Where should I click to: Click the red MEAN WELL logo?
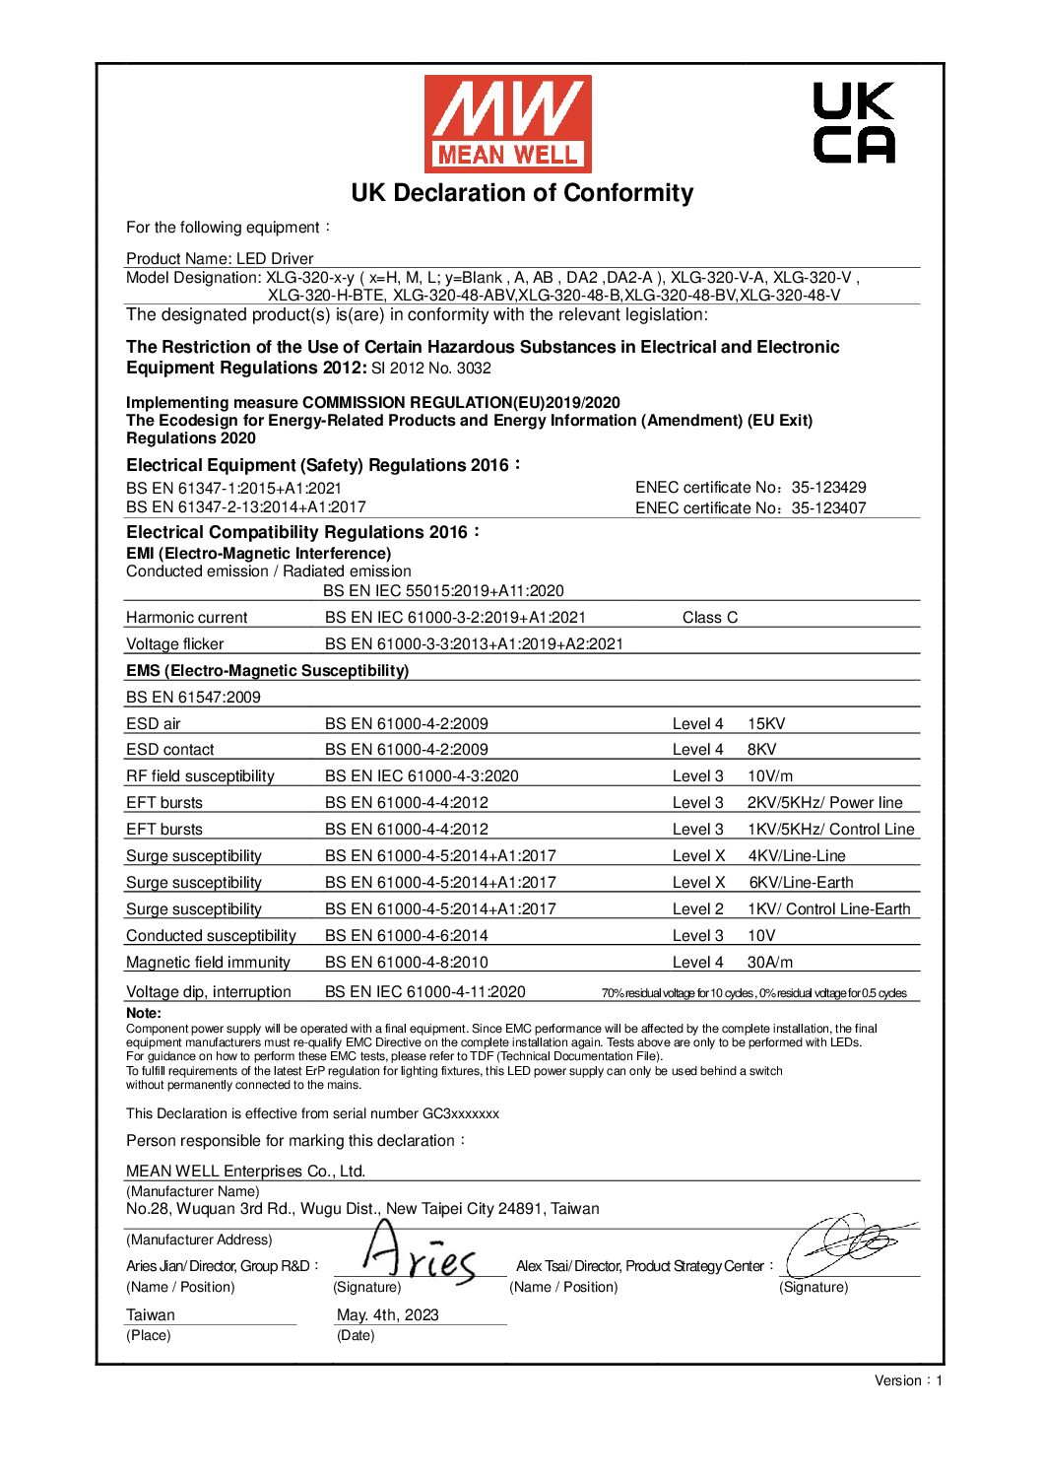tap(507, 123)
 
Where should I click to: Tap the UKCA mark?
tap(853, 123)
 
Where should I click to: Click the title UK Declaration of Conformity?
tap(522, 193)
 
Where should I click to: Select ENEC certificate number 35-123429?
tap(828, 487)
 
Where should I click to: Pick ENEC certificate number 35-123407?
tap(828, 507)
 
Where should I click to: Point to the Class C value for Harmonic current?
tap(709, 617)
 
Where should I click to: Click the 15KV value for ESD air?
tap(766, 723)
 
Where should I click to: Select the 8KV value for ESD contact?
tap(761, 749)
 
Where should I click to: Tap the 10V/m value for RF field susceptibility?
tap(769, 775)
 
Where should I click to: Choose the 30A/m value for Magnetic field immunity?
tap(769, 962)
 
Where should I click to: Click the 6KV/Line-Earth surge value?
tap(801, 882)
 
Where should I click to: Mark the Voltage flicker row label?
tap(175, 643)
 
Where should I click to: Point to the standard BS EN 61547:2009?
tap(193, 697)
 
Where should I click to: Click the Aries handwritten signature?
tap(419, 1256)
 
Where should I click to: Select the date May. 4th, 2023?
tap(387, 1314)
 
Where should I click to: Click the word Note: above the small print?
tap(144, 1013)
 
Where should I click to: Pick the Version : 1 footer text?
tap(908, 1380)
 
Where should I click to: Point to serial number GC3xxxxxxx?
tap(460, 1113)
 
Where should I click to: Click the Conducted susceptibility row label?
tap(211, 935)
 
